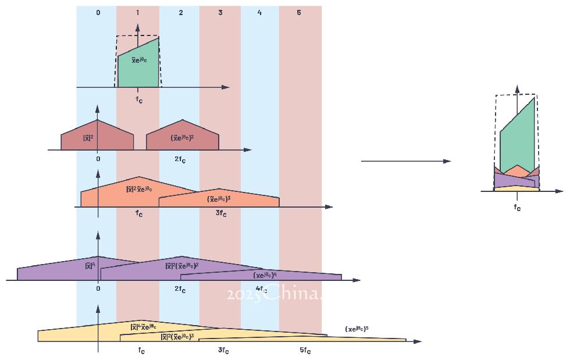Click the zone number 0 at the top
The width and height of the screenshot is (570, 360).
tap(98, 12)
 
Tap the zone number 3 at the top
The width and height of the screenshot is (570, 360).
tap(220, 12)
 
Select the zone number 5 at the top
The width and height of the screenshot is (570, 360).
tap(299, 12)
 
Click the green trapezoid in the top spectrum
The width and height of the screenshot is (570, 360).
tap(138, 70)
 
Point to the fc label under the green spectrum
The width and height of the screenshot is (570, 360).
tap(139, 99)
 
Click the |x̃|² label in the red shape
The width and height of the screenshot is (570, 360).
tap(88, 138)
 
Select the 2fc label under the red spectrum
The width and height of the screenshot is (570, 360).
tap(180, 160)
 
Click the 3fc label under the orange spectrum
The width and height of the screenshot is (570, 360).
tap(221, 213)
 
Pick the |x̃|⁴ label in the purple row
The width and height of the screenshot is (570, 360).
tap(90, 266)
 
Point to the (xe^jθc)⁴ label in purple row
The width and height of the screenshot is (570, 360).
tap(265, 275)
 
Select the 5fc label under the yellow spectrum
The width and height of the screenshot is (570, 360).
tap(305, 350)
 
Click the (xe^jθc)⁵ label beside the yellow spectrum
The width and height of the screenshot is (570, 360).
tap(357, 329)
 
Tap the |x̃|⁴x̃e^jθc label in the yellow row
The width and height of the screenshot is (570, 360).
tap(143, 327)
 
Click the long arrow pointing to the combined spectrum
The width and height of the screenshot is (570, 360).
tap(405, 161)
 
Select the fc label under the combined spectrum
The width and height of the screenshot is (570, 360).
tap(517, 206)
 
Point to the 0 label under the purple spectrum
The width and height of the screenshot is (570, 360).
tap(98, 288)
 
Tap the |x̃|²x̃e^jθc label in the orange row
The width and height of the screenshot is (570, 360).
tap(139, 189)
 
